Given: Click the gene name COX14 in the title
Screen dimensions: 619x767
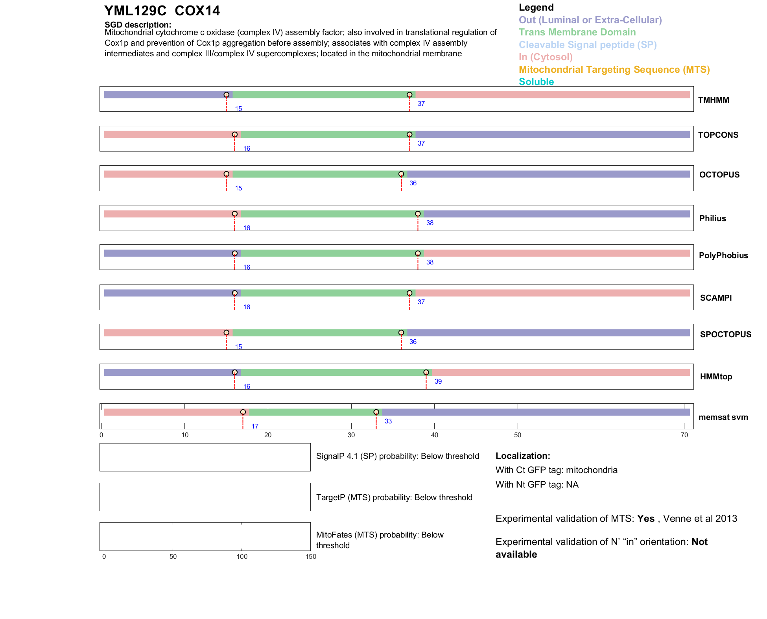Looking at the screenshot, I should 197,11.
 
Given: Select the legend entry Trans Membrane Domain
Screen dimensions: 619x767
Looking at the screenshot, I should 577,32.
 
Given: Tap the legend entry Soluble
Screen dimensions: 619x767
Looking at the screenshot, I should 536,82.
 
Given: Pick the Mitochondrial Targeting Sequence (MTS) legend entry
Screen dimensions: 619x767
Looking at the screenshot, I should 614,70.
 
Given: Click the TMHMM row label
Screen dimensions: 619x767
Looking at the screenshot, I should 713,100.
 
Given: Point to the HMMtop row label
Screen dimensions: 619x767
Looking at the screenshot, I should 716,377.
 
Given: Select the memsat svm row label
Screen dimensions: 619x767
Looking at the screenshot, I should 723,417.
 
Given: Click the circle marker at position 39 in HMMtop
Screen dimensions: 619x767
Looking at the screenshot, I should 426,372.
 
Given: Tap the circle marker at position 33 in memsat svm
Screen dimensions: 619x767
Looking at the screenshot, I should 376,412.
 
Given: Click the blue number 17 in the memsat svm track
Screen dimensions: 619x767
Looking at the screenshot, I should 255,426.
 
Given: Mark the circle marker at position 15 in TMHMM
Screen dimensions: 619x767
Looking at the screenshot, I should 226,95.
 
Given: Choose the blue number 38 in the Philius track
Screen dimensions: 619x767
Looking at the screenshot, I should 430,223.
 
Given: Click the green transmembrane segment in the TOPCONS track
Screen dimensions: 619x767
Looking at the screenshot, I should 326,135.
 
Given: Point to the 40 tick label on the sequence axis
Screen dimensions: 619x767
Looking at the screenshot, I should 434,435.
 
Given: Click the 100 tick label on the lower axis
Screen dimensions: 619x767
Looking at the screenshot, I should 242,556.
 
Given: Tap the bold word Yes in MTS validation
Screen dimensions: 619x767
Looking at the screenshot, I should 645,519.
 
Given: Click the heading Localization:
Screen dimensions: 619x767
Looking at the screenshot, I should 522,456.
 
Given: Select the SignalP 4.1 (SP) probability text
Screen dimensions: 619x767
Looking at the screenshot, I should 397,456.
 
